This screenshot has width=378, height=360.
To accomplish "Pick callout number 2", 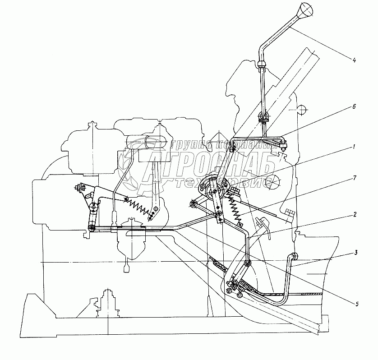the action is tap(355, 215).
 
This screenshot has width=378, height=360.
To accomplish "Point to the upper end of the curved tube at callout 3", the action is tap(294, 257).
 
